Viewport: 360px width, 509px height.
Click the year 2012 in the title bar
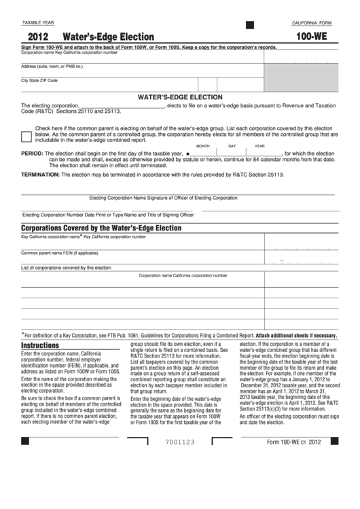pos(38,37)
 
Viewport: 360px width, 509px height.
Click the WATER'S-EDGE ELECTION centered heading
pos(180,97)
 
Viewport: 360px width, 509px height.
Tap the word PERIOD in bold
pos(32,154)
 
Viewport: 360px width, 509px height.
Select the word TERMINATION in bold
pos(41,174)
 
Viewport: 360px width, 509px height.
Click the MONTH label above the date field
pos(202,146)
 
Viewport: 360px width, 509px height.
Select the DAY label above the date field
pos(232,146)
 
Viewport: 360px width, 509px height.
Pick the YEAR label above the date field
pos(259,146)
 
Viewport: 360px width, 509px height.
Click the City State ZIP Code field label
pos(39,80)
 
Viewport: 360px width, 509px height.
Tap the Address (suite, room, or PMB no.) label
pos(52,66)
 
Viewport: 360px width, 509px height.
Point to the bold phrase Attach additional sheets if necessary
pos(296,335)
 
